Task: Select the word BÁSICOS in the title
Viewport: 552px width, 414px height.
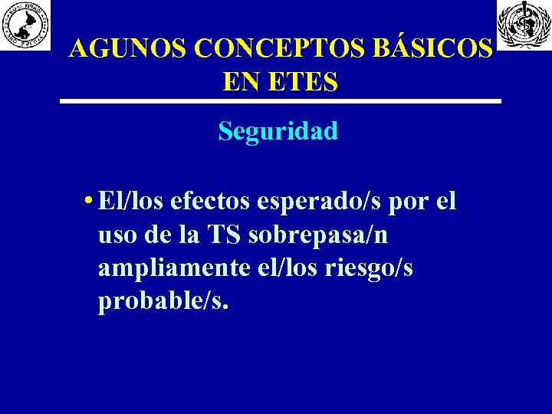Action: point(433,49)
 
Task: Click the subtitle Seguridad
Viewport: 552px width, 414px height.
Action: point(278,132)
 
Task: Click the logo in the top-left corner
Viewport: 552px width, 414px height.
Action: point(25,25)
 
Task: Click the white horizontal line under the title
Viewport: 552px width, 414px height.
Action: point(281,101)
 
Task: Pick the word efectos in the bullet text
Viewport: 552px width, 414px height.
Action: point(211,202)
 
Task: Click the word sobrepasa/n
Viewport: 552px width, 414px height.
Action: point(318,237)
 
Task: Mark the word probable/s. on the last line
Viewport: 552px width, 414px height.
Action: point(163,302)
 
